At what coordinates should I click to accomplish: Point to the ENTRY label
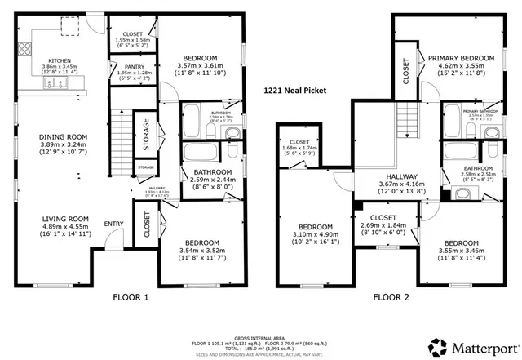coord(113,224)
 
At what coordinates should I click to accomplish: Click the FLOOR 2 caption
coord(392,298)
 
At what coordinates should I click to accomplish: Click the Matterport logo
coord(474,349)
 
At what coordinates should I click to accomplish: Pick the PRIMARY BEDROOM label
coord(462,58)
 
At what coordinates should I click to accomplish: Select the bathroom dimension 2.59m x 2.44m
coord(212,181)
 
